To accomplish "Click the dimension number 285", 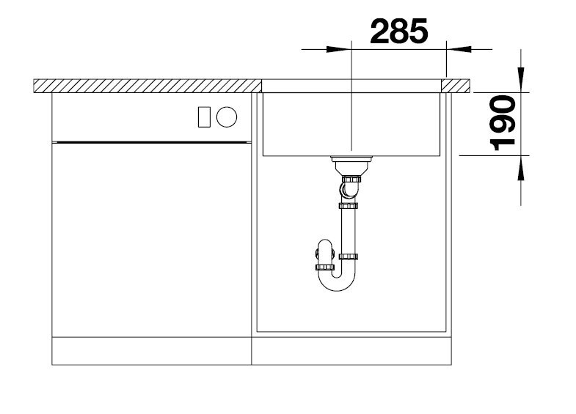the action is tap(399, 32).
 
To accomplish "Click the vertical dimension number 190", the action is tap(503, 123).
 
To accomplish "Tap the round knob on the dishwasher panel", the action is tap(227, 117).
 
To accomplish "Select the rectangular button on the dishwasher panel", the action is tap(204, 117).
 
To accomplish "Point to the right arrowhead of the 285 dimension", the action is tap(459, 49).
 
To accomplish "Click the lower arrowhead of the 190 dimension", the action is tap(521, 168).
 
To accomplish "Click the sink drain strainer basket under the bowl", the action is tap(351, 166).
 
